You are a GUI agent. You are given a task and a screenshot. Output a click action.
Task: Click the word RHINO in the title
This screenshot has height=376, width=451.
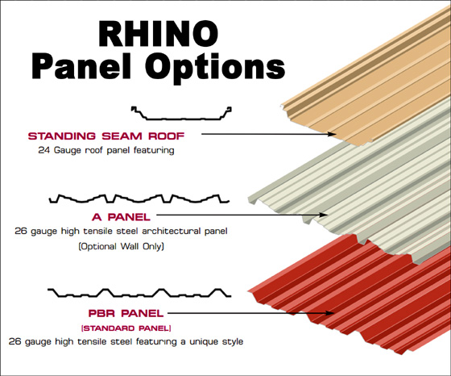tap(159, 34)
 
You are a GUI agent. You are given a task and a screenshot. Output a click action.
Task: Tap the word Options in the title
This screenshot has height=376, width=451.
tap(216, 68)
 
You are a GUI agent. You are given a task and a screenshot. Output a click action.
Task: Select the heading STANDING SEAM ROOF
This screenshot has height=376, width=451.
tap(106, 136)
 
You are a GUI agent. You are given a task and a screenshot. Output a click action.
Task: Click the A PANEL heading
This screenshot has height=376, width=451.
tap(121, 217)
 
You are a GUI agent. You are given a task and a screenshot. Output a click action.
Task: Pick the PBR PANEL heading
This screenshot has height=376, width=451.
tap(126, 313)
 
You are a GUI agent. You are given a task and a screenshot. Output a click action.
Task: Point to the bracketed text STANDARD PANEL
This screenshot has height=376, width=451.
tap(126, 328)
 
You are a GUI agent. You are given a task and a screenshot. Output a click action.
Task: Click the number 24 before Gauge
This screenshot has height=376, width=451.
tap(44, 150)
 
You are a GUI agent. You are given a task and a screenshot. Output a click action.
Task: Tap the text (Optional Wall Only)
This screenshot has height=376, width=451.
tap(121, 247)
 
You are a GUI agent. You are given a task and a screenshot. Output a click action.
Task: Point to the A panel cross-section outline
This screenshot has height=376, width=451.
tap(139, 198)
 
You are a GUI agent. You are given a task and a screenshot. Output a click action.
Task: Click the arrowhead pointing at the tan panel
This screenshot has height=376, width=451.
tap(333, 134)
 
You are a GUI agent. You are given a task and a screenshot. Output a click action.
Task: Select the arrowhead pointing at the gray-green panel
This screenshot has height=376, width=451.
tap(324, 215)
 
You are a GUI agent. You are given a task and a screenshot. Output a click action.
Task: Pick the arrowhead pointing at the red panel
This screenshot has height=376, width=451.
tap(330, 313)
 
